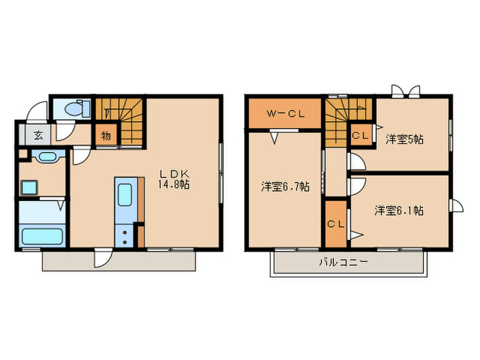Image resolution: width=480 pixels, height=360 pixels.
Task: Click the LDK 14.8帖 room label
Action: pyautogui.click(x=175, y=179)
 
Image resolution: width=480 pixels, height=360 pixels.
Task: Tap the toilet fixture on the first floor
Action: pyautogui.click(x=75, y=109)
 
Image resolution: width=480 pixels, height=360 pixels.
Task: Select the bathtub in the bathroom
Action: pyautogui.click(x=41, y=237)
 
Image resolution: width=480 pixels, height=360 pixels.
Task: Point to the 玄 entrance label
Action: pyautogui.click(x=38, y=135)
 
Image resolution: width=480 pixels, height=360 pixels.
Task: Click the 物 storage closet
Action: pyautogui.click(x=106, y=135)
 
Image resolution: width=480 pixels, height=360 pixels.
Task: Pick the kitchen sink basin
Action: pyautogui.click(x=125, y=195)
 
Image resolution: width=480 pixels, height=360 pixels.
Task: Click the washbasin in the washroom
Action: pyautogui.click(x=46, y=158)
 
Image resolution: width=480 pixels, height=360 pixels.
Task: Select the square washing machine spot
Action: pyautogui.click(x=30, y=187)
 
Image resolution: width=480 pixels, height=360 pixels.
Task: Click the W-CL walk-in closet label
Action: pyautogui.click(x=286, y=114)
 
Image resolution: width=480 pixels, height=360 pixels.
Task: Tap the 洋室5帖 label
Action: pyautogui.click(x=405, y=139)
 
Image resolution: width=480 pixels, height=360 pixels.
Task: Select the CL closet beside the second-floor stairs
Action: pyautogui.click(x=361, y=135)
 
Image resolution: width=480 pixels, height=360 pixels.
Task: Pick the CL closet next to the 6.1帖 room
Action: pyautogui.click(x=335, y=224)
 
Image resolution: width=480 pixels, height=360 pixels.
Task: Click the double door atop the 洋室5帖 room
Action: pyautogui.click(x=405, y=93)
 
